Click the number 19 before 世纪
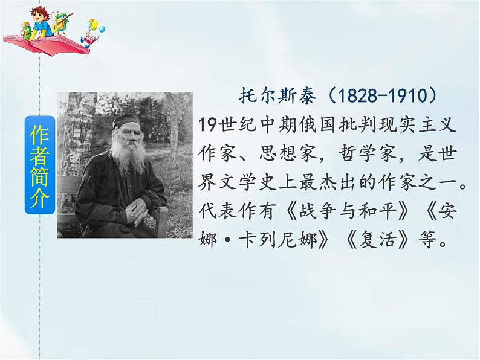pos(206,123)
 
